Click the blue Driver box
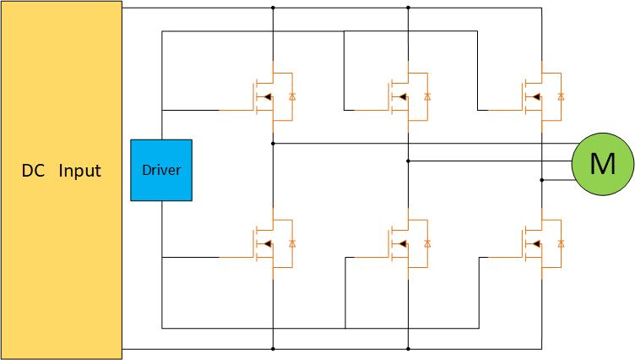pos(161,170)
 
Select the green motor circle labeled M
pos(603,165)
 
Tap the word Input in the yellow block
pos(79,171)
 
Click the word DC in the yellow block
pos(32,171)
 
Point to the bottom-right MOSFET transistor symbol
pos(537,244)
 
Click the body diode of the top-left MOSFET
pos(292,97)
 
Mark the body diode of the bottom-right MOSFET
pos(561,244)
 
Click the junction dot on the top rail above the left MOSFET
pos(273,8)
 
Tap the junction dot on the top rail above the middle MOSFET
pos(408,8)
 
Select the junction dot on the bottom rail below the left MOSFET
pos(273,347)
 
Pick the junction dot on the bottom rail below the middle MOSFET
pos(408,347)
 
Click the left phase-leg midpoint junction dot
pos(273,144)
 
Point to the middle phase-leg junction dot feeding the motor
pos(408,161)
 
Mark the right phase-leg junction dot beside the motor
pos(542,180)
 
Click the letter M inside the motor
pos(603,165)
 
